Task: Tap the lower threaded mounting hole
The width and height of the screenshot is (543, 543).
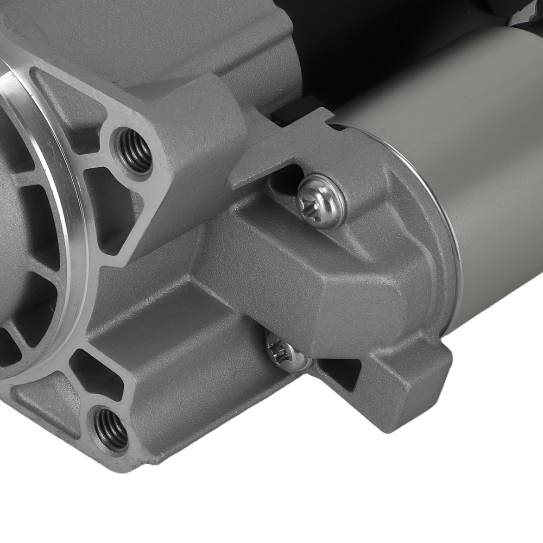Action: click(111, 428)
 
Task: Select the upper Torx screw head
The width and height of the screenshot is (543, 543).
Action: click(321, 200)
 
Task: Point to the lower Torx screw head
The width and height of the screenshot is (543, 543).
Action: click(287, 352)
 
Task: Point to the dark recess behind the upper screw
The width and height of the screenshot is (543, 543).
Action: click(285, 179)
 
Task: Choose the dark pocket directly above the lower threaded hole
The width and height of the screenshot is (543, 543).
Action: click(98, 375)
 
